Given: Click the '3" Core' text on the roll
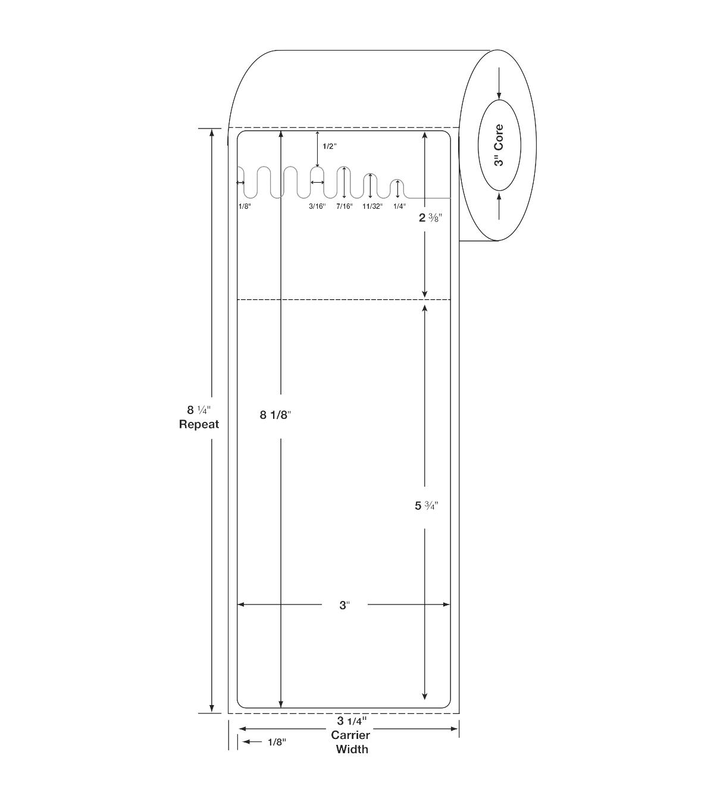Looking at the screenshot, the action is point(499,145).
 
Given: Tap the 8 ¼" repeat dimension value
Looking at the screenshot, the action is point(199,410).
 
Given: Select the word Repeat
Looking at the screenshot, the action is point(199,424).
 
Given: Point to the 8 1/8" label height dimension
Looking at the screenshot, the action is point(275,415).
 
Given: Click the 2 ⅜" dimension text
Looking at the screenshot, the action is point(430,217).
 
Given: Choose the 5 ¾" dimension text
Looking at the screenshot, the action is point(427,506).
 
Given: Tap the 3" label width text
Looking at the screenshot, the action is point(345,605).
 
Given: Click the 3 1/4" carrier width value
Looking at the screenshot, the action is point(352,721).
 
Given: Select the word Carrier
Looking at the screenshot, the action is point(350,735).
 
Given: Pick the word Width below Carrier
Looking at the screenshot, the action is point(352,750).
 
